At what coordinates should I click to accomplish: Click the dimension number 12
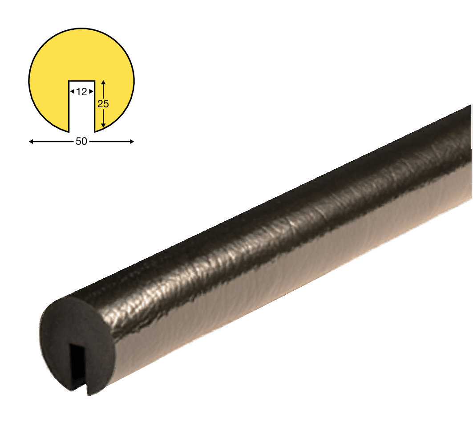[x=81, y=91]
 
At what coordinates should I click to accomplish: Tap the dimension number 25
[x=103, y=104]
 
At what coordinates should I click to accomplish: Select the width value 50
[x=81, y=141]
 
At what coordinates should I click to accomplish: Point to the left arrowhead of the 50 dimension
[x=31, y=141]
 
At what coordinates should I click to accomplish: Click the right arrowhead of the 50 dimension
[x=132, y=141]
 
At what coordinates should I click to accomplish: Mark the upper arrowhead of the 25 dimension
[x=103, y=82]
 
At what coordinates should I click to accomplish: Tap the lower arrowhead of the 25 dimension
[x=103, y=125]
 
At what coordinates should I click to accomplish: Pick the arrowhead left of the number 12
[x=72, y=91]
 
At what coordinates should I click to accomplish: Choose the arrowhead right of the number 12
[x=91, y=91]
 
